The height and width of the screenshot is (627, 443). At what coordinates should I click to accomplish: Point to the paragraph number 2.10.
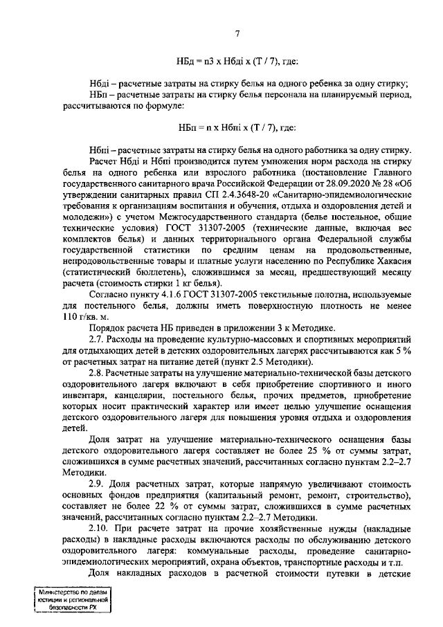coord(100,531)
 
